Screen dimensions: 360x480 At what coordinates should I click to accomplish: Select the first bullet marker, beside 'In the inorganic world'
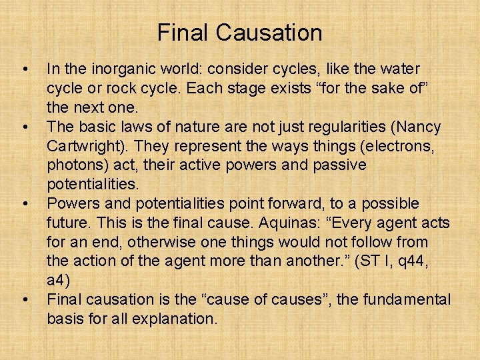coord(25,69)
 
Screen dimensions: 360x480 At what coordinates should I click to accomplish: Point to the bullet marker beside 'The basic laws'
coord(25,127)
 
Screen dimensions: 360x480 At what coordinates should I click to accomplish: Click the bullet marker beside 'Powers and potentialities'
coord(25,203)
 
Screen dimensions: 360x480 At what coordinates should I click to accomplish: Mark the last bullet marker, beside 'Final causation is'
coord(25,299)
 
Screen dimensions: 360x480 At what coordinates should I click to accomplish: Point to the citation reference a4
coord(57,279)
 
